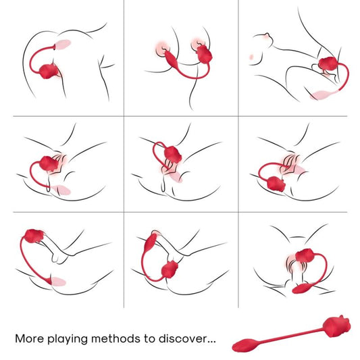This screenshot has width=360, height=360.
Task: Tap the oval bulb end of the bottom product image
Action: [x=242, y=345]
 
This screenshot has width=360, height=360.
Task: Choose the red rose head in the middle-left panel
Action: [x=48, y=163]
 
